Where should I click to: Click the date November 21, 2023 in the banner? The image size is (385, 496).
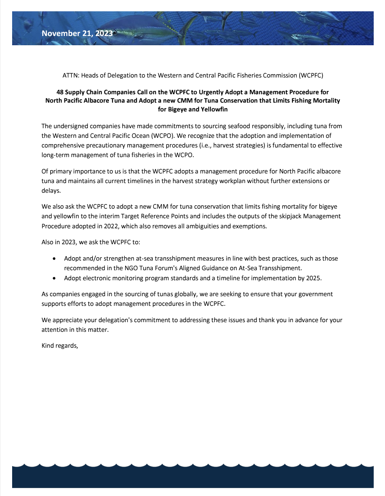(77, 34)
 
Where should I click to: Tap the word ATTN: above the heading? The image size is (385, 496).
(70, 75)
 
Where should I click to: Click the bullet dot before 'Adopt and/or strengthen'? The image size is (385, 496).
(54, 258)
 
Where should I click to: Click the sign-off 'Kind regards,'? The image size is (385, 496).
(60, 346)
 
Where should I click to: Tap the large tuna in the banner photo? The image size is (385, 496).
(138, 27)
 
